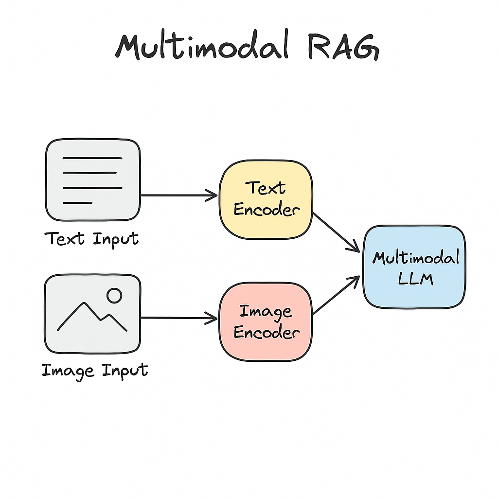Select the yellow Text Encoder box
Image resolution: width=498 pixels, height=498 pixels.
[266, 199]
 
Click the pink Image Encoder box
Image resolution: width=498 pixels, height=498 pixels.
[266, 321]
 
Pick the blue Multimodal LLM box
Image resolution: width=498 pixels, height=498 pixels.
[414, 267]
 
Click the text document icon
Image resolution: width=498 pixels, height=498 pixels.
[93, 180]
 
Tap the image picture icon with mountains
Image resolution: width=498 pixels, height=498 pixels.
[93, 313]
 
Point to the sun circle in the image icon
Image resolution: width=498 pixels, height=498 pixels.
[114, 295]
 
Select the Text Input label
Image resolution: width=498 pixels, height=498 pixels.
[91, 239]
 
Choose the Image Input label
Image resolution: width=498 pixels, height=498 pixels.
[94, 371]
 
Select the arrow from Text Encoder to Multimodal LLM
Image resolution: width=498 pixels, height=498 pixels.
[336, 231]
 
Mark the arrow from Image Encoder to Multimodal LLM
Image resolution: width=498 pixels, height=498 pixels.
[336, 295]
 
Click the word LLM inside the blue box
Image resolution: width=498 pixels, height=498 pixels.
[415, 279]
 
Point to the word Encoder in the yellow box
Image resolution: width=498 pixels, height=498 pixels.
[266, 210]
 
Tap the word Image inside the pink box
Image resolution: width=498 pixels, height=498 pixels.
[266, 311]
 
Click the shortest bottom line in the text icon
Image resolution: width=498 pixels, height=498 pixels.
[78, 203]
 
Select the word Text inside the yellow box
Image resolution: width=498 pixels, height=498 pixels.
[266, 188]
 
